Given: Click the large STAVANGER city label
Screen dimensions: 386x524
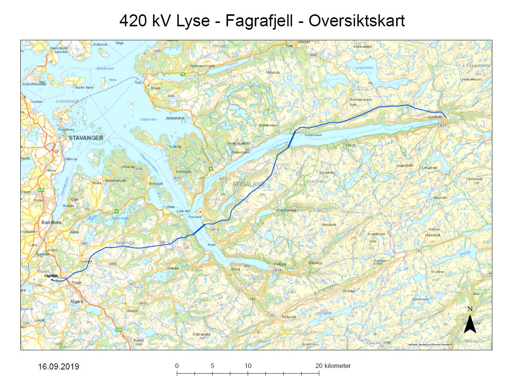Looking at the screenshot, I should [x=86, y=138].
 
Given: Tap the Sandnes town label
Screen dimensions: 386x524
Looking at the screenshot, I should [x=51, y=222].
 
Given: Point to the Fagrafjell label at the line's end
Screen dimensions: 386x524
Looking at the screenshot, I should [x=51, y=276].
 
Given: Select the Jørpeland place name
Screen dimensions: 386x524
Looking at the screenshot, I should [x=175, y=118].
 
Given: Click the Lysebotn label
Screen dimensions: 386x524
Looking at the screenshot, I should [x=435, y=117].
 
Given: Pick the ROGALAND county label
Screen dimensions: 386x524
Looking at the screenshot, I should [x=248, y=184].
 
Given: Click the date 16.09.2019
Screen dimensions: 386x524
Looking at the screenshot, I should [x=58, y=367].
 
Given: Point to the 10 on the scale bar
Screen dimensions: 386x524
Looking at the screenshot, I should [x=248, y=366].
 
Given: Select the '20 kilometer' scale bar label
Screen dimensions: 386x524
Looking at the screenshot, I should [x=333, y=366].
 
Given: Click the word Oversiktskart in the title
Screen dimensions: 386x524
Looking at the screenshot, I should [x=357, y=21].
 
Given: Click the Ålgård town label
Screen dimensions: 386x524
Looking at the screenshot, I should [x=77, y=302].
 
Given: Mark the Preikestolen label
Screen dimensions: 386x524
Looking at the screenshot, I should [x=241, y=152].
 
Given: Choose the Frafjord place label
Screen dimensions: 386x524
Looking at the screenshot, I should [x=280, y=264].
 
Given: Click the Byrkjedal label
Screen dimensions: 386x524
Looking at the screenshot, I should [x=289, y=317].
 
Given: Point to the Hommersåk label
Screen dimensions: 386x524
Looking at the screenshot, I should [x=116, y=181].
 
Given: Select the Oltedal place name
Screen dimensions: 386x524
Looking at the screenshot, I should [x=173, y=268].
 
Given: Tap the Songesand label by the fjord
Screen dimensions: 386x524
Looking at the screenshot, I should [x=313, y=135].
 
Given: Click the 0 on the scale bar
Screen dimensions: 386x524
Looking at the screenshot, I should [x=177, y=366].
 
